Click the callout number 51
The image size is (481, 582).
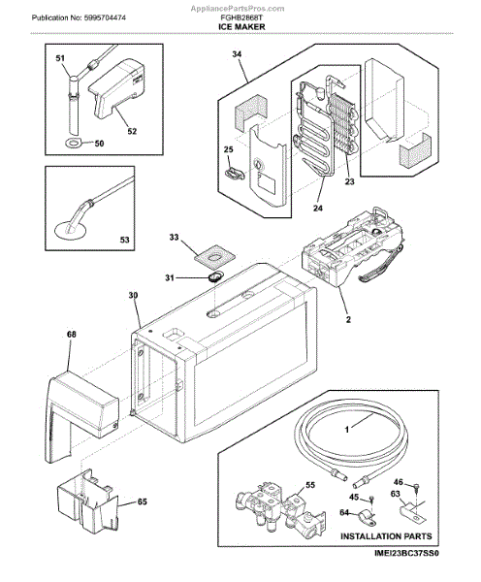60,58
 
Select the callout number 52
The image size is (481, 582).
132,131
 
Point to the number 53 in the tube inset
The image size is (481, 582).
124,241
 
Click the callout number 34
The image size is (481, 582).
237,54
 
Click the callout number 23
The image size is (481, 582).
349,181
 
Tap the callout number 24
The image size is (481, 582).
318,209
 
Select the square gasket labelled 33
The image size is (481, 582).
215,257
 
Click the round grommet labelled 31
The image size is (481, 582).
214,276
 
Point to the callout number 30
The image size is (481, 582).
133,295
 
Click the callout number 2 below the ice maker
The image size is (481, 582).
348,319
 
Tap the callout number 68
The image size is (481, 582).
71,335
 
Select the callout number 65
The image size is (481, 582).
143,501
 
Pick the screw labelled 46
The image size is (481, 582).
416,486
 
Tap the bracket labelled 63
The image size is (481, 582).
412,512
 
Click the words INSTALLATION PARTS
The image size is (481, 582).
386,536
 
